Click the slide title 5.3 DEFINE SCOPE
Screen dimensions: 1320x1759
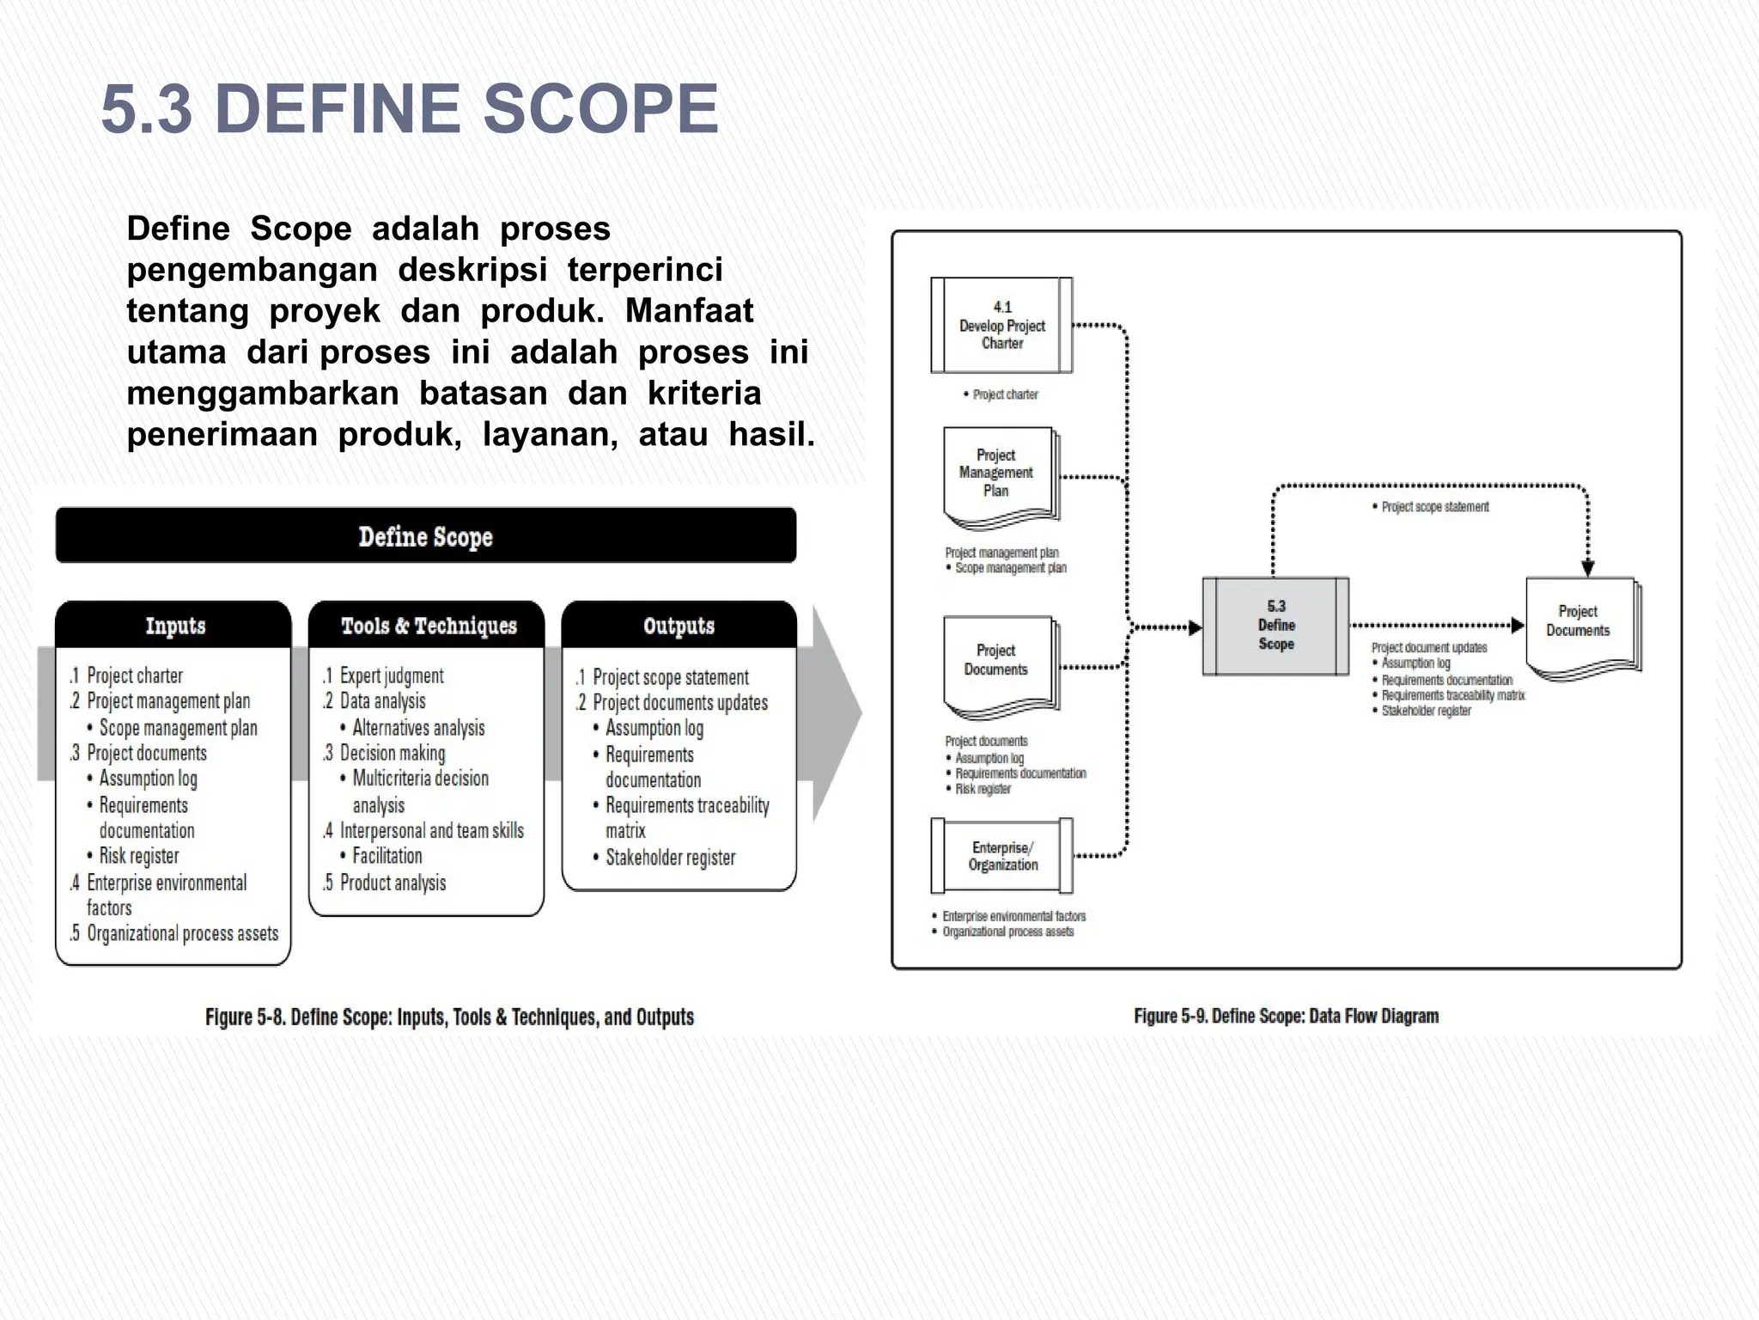pyautogui.click(x=410, y=109)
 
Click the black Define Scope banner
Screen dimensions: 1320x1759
pyautogui.click(x=425, y=536)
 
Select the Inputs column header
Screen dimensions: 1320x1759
pyautogui.click(x=174, y=626)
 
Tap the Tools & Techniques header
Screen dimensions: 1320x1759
pyautogui.click(x=428, y=626)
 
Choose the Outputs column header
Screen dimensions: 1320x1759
pyautogui.click(x=679, y=626)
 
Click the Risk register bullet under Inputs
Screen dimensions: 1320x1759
pyautogui.click(x=138, y=856)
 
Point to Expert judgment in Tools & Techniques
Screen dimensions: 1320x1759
pyautogui.click(x=391, y=675)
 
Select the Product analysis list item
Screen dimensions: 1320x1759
pyautogui.click(x=393, y=883)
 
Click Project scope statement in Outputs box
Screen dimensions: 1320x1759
pyautogui.click(x=670, y=677)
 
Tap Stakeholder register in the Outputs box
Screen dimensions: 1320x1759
pyautogui.click(x=670, y=858)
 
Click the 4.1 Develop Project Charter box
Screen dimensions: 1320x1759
pyautogui.click(x=1001, y=325)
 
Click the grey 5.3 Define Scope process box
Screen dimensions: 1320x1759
pyautogui.click(x=1275, y=626)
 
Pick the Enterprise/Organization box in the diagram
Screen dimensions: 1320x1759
pyautogui.click(x=1002, y=856)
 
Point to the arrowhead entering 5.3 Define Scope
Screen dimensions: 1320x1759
pyautogui.click(x=1195, y=628)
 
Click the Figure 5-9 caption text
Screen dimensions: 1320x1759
pyautogui.click(x=1286, y=1016)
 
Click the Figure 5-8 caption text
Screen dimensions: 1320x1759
pyautogui.click(x=449, y=1017)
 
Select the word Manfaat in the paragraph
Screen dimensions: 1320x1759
pyautogui.click(x=689, y=311)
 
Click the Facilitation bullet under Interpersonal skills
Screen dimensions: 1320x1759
pyautogui.click(x=386, y=856)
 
